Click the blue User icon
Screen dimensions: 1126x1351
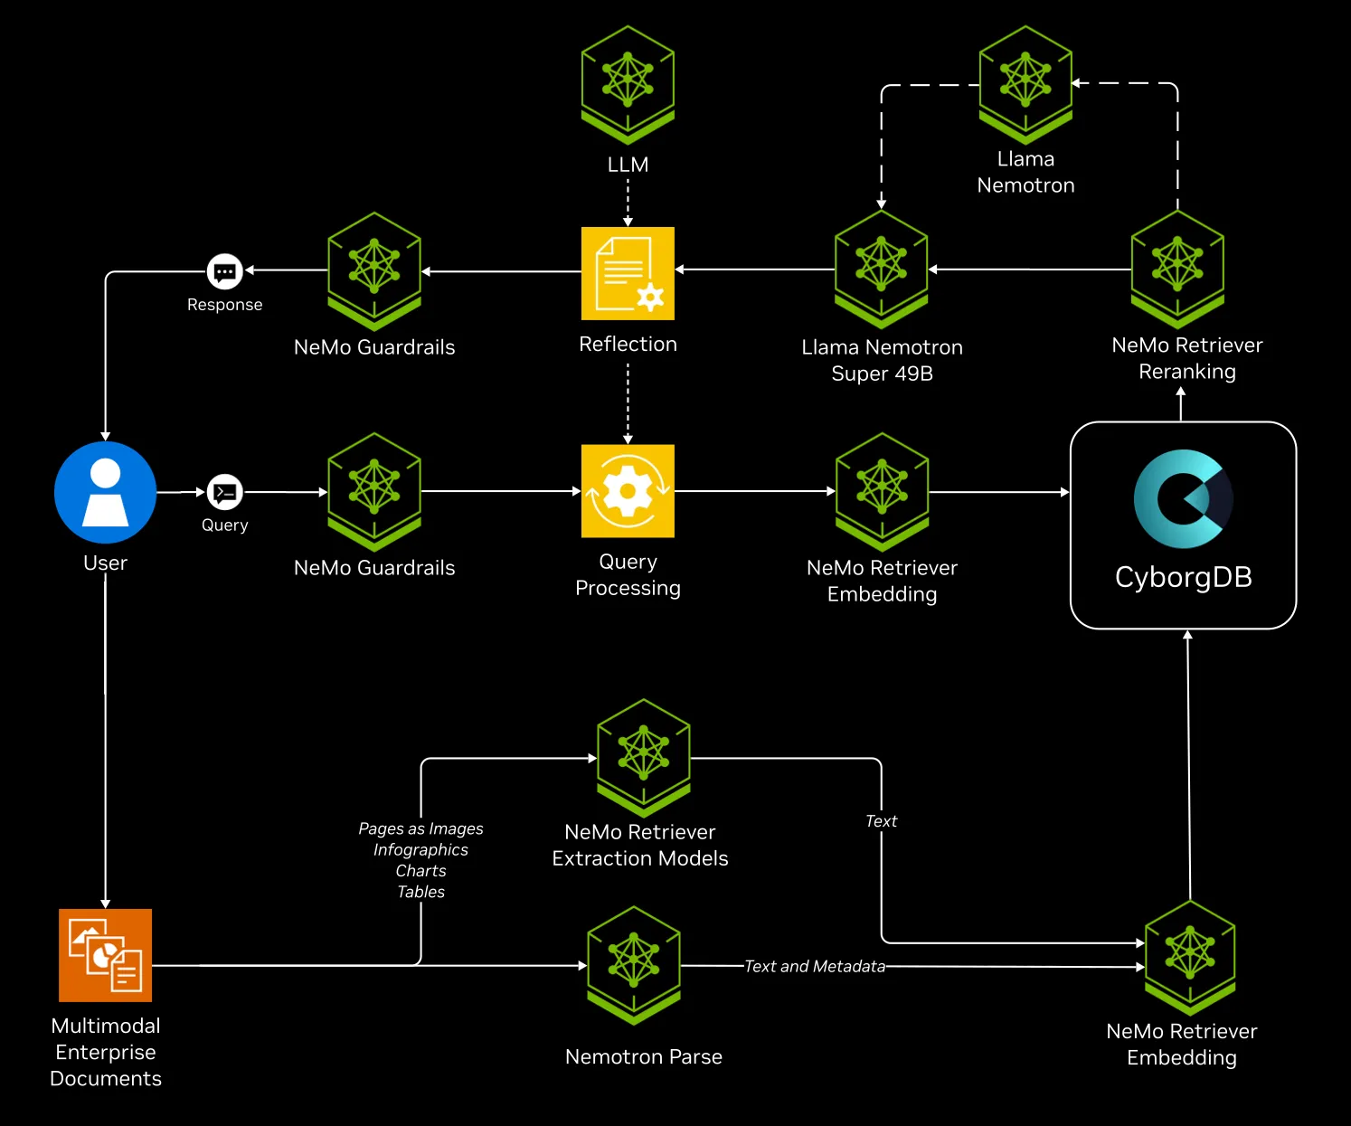point(106,492)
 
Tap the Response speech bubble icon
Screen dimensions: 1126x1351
point(224,270)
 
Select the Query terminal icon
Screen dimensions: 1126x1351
point(224,492)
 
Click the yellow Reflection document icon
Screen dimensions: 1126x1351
point(628,273)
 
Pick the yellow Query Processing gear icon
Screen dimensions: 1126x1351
point(628,491)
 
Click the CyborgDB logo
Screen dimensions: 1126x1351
point(1183,498)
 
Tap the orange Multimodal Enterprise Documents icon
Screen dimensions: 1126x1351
point(106,955)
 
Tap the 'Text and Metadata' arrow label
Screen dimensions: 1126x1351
point(814,966)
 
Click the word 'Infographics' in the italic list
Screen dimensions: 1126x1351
point(420,850)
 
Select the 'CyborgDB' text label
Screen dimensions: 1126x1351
point(1183,577)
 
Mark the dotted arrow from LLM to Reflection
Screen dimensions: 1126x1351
point(628,202)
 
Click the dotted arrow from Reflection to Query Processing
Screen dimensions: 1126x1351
point(628,402)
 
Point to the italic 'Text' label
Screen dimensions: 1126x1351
point(881,821)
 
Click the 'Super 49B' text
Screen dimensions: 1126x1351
point(882,374)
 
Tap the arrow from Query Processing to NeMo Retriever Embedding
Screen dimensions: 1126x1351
point(754,491)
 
